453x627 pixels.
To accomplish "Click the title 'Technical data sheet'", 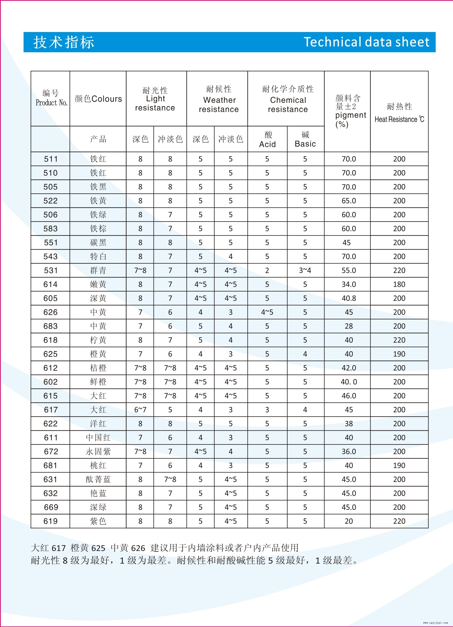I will (366, 42).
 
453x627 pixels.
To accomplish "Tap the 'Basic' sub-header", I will (305, 144).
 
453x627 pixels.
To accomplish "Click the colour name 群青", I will (98, 270).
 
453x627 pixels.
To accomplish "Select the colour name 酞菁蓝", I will (98, 479).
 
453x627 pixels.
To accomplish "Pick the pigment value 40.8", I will (349, 298).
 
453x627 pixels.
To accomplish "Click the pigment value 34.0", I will (349, 284).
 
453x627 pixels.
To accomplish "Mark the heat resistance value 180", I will (399, 284).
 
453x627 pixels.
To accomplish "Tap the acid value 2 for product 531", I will (267, 270).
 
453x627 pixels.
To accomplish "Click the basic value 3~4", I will (305, 270).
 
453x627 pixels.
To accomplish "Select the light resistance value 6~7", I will (140, 410).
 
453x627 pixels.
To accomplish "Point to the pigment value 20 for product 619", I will (349, 521).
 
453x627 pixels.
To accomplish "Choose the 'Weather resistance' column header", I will (219, 105).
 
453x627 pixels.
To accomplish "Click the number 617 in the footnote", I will (59, 548).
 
